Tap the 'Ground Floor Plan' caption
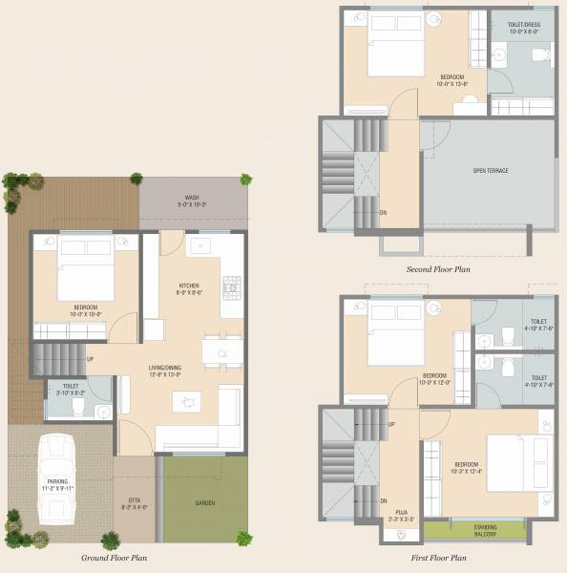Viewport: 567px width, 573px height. point(114,557)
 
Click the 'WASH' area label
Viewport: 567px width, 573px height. point(192,200)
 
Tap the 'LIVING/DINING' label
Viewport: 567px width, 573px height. point(163,370)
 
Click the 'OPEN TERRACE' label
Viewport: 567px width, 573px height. point(490,171)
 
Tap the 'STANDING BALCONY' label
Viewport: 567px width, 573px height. point(474,528)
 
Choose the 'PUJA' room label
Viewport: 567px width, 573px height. point(403,516)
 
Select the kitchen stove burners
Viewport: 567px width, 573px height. point(231,286)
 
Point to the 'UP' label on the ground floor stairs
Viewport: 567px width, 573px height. point(90,359)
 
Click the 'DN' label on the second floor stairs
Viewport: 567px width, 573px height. point(383,212)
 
